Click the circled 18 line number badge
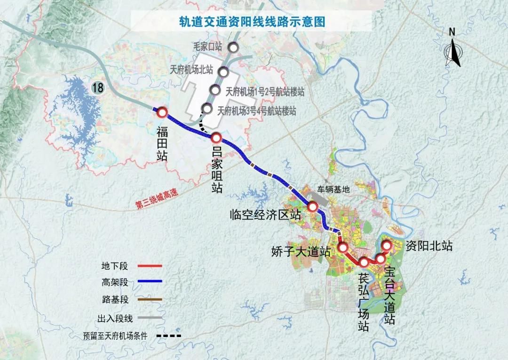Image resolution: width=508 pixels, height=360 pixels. coord(98,87)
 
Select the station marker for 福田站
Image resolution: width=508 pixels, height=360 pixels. coord(162,112)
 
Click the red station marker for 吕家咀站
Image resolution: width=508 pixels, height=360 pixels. coord(216,138)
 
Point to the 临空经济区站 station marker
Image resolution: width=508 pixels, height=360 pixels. coord(312,206)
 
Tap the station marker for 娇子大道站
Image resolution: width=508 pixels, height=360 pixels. coord(342,247)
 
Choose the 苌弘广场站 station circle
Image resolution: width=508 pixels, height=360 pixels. coord(364,262)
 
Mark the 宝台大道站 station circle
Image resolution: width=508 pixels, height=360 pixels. coord(381,259)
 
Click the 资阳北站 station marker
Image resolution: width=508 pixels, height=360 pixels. coord(387,245)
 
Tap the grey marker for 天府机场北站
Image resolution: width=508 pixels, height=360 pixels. coord(223,71)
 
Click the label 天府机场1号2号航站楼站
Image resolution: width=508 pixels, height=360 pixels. coord(265,92)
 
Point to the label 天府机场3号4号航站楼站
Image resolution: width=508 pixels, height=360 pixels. coord(257,111)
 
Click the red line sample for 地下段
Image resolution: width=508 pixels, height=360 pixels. coord(150,266)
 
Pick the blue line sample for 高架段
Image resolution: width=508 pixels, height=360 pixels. coord(150,282)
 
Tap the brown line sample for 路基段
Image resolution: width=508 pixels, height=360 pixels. coord(150,299)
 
